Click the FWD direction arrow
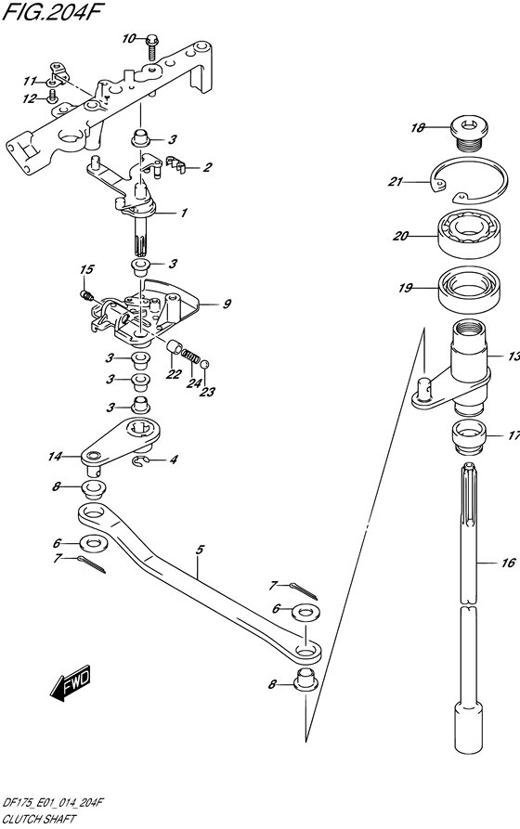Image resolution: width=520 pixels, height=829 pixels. click(x=71, y=681)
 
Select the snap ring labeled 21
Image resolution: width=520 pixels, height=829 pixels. click(x=470, y=180)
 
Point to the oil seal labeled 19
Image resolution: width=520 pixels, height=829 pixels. click(x=469, y=290)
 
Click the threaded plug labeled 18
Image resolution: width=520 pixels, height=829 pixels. click(x=469, y=134)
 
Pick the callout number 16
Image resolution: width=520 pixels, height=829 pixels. click(x=508, y=563)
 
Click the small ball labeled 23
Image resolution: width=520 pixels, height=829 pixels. click(x=205, y=363)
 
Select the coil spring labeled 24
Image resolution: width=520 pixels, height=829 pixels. click(x=191, y=355)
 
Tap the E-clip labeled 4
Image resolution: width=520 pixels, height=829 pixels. click(x=138, y=462)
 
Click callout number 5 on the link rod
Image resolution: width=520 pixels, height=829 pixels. click(x=199, y=550)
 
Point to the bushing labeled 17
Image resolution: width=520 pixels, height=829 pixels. click(x=468, y=436)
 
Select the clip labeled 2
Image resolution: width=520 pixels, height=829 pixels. click(x=175, y=164)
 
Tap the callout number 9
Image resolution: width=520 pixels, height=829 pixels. click(x=227, y=304)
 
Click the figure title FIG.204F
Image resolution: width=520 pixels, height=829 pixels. click(x=51, y=12)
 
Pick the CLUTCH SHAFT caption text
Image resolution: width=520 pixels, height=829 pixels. click(x=39, y=820)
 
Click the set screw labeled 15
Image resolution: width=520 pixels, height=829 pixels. click(x=86, y=294)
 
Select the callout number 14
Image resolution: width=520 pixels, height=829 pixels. click(x=55, y=456)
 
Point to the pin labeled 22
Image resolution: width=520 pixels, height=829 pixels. click(x=173, y=347)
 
